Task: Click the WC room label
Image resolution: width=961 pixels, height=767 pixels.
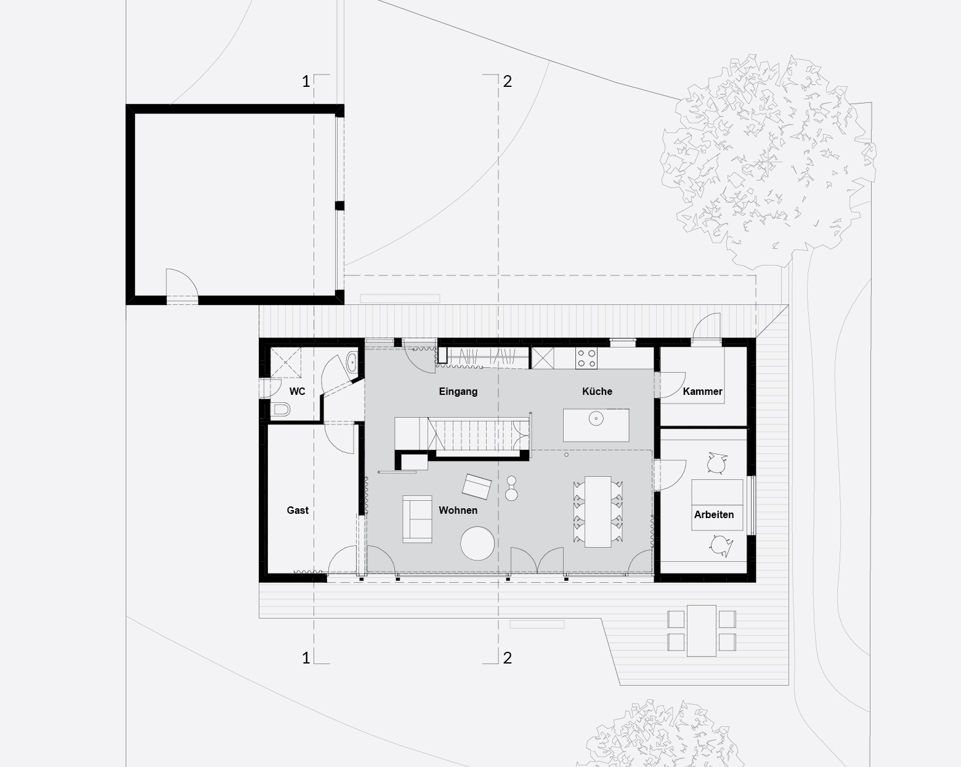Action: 297,392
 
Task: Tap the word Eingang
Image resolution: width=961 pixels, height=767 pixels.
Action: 458,392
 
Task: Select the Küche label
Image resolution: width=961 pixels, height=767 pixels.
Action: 597,391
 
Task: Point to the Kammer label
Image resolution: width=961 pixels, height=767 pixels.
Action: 702,392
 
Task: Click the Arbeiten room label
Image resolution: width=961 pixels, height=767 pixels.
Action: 713,514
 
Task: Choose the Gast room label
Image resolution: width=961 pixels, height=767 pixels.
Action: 298,510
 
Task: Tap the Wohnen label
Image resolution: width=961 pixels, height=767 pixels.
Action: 458,510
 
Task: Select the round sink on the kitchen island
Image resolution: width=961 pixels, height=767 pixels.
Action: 596,419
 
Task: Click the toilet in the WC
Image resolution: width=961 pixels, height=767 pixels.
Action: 281,409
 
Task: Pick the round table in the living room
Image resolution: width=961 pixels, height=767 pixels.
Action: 477,543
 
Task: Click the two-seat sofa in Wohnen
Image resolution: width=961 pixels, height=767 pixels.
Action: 417,519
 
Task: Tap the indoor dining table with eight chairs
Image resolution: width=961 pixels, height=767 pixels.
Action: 598,512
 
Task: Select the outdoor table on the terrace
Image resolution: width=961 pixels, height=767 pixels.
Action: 702,631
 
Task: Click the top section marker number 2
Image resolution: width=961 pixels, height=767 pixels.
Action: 507,81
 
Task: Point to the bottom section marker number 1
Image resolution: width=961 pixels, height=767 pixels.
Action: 306,658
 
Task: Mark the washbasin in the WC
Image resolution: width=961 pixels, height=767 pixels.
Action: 351,362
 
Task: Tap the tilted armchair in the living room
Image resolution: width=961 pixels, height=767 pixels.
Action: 476,487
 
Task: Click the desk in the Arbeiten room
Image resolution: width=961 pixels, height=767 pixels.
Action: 717,505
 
